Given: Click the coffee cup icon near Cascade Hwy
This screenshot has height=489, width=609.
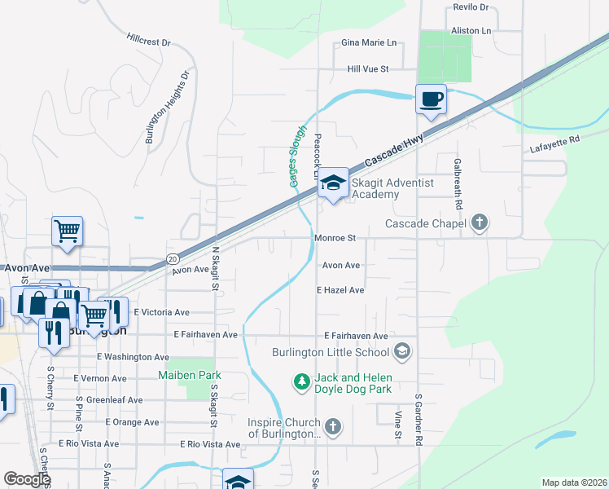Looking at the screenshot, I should click(432, 100).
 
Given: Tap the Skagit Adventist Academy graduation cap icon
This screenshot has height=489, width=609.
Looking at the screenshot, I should click(333, 183).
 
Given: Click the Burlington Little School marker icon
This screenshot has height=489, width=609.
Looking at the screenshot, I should click(401, 351).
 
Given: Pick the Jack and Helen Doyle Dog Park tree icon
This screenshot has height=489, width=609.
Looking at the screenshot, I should click(301, 381).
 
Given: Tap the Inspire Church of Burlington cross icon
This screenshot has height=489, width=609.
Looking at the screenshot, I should click(332, 426).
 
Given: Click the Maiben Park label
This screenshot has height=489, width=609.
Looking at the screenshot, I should click(189, 375).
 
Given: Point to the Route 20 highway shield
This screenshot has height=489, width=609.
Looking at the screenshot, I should click(172, 258).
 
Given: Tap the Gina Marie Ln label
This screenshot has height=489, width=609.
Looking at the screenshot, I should click(369, 42).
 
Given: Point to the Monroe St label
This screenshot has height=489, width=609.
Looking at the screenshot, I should click(335, 239).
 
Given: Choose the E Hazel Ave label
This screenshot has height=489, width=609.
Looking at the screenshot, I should click(340, 289).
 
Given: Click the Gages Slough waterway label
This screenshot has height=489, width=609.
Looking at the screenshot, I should click(298, 155).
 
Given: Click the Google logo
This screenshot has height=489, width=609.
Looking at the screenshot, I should click(28, 478).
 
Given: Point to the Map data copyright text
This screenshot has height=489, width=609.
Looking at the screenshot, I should click(574, 482).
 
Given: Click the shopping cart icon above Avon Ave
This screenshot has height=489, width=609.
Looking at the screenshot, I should click(67, 231).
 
